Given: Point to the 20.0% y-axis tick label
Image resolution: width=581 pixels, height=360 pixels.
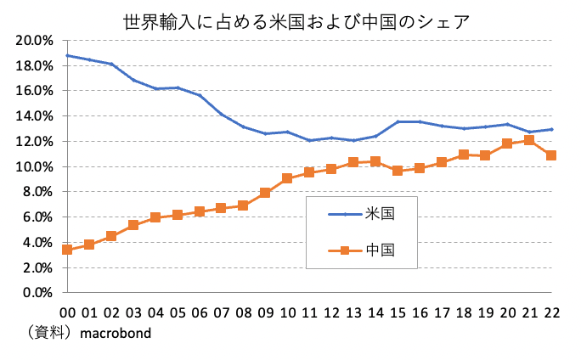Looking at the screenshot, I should click(x=35, y=40).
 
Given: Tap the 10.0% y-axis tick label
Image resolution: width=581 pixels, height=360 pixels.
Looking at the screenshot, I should click(x=35, y=166).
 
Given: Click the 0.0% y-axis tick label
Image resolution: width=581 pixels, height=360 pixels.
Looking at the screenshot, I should click(x=38, y=293).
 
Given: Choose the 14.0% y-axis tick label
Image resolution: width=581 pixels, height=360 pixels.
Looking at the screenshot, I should click(x=35, y=115).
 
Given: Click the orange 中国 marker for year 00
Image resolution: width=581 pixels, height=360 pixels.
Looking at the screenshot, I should click(x=67, y=250).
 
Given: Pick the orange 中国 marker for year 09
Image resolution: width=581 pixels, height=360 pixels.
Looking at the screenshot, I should click(x=266, y=193).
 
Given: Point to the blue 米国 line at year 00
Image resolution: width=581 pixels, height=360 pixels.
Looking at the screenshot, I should click(x=67, y=55).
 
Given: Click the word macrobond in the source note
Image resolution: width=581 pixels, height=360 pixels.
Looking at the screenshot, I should click(x=116, y=333).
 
